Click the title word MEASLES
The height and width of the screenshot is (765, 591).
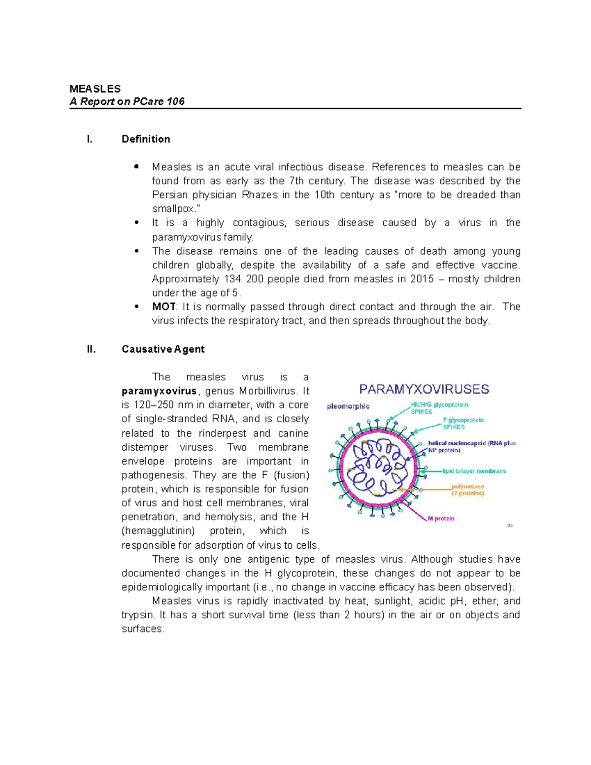[x=95, y=89]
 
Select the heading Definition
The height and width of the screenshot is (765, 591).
[x=146, y=139]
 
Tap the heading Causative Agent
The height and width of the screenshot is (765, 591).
[x=163, y=349]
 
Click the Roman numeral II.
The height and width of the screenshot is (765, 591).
[x=91, y=349]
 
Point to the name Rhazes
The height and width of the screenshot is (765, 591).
[x=260, y=195]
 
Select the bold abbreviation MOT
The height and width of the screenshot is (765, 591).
[x=164, y=307]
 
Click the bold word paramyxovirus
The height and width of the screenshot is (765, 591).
[x=159, y=392]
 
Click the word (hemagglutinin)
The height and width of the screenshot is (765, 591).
[x=158, y=531]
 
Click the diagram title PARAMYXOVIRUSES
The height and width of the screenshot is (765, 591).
[x=424, y=389]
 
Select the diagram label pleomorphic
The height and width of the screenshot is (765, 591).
[x=348, y=406]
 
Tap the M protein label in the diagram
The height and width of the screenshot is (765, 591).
[x=441, y=519]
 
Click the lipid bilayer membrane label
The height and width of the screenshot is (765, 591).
[x=474, y=471]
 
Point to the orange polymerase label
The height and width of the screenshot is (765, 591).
[x=468, y=487]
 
